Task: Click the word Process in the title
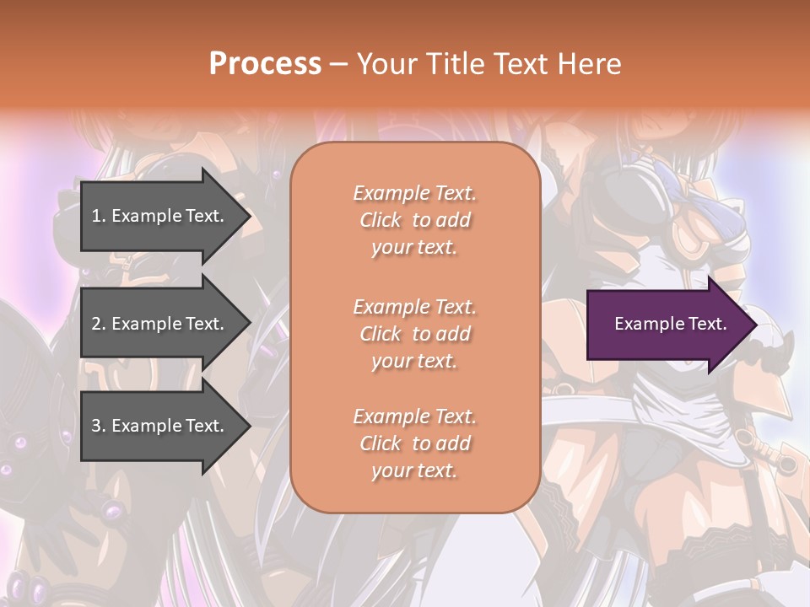coord(265,63)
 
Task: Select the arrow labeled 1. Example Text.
coord(160,216)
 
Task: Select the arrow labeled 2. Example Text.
coord(160,324)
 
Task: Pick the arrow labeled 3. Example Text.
coord(160,426)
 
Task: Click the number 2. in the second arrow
coord(98,324)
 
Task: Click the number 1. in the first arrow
coord(98,216)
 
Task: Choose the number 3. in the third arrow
coord(98,426)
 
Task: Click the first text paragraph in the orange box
coord(414,220)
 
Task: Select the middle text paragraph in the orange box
coord(414,334)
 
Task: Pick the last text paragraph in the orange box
coord(414,443)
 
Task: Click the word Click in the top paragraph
coord(381,220)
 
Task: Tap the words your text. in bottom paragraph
coord(414,470)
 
